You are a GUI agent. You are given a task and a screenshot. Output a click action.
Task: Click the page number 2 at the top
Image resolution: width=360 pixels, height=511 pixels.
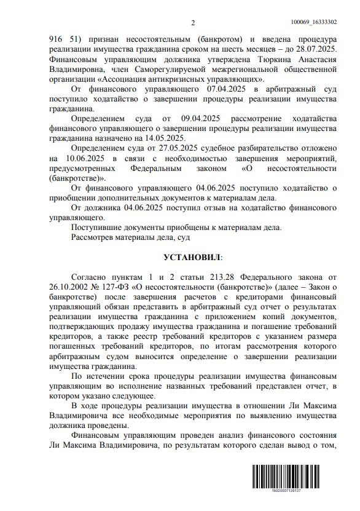pos(192,24)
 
